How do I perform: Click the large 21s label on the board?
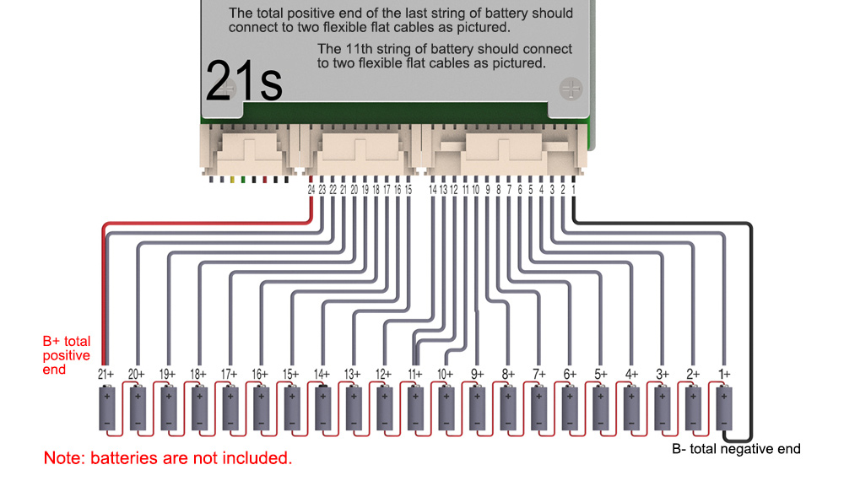[244, 81]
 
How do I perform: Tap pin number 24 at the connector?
[311, 190]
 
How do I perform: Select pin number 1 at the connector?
[573, 190]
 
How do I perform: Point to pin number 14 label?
[433, 190]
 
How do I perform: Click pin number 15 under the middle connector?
[408, 190]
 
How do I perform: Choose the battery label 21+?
[106, 374]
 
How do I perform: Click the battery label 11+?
[415, 374]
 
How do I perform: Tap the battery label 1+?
[724, 374]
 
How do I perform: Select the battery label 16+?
[260, 374]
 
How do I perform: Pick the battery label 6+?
[570, 374]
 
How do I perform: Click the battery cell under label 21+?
[107, 408]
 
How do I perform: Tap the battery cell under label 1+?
[724, 408]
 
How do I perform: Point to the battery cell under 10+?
[446, 408]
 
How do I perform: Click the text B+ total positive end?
[67, 355]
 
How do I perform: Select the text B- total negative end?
[736, 449]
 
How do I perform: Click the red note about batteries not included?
[168, 458]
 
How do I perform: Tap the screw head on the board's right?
[571, 89]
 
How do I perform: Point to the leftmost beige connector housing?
[249, 149]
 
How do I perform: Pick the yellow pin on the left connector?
[233, 180]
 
